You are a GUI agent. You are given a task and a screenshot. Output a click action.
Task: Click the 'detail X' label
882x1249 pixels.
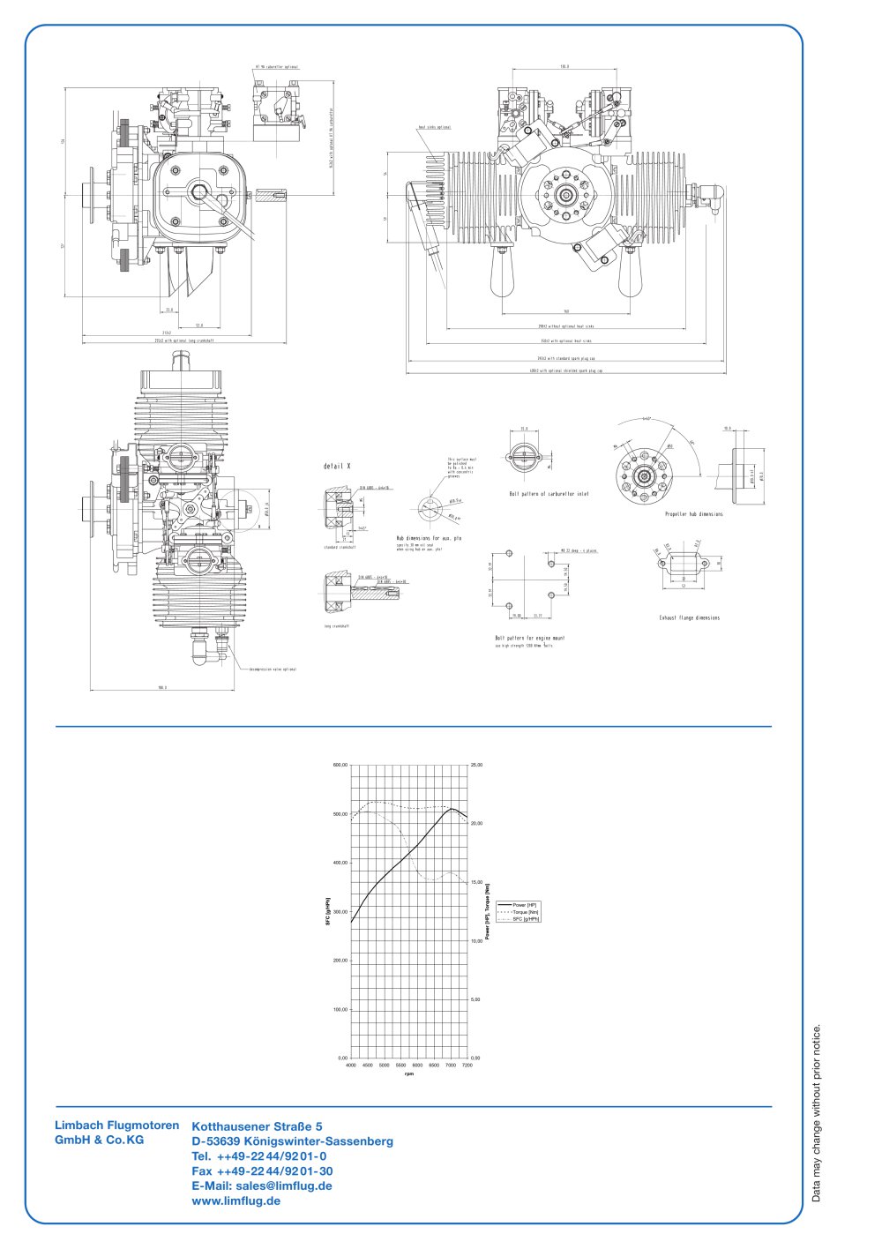coord(338,466)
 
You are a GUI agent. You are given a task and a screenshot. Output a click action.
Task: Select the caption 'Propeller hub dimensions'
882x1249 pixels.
coord(693,514)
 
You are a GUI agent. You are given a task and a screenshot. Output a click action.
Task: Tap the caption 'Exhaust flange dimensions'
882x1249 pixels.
coord(689,618)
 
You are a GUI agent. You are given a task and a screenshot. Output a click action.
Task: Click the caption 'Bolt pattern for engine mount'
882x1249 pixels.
coord(529,638)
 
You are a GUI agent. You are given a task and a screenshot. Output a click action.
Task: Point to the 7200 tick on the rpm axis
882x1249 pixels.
coord(467,1066)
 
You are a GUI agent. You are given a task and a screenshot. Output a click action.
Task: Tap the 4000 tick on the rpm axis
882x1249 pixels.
coord(351,1066)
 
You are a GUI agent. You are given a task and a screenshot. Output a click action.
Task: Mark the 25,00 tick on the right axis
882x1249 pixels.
coord(476,765)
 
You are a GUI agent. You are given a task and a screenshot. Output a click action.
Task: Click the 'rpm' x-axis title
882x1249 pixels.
coord(409,1074)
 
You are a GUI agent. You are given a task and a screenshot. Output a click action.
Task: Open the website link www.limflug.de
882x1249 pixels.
coord(235,1201)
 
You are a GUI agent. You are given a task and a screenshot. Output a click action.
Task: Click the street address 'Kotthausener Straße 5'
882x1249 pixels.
coord(257,1126)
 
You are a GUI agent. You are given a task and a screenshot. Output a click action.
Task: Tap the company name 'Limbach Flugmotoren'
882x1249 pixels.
coord(116,1126)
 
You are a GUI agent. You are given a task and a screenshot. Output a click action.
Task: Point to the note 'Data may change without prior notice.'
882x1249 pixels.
coord(816,1113)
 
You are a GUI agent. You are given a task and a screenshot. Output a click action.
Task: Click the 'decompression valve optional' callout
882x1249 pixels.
coord(273,669)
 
